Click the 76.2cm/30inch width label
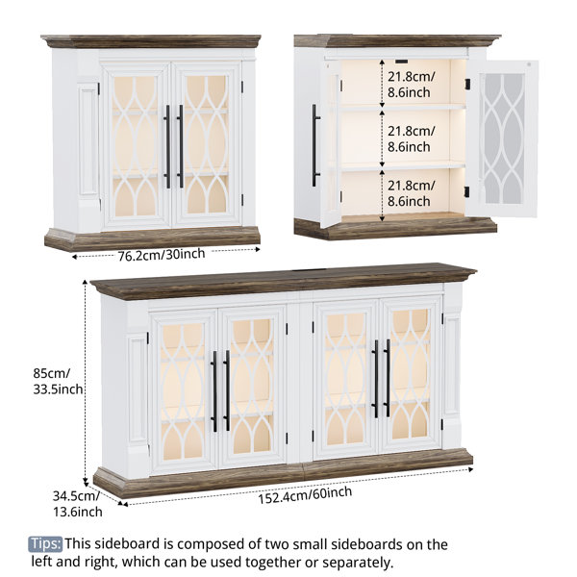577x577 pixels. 162,254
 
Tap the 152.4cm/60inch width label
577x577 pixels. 305,495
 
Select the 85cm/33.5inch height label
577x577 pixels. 58,381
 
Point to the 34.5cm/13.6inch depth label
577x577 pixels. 77,503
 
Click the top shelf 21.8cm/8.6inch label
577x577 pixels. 411,85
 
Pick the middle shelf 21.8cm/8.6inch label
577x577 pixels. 411,139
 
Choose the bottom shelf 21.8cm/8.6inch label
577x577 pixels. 411,193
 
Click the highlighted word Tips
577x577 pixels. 45,543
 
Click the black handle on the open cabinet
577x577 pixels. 315,145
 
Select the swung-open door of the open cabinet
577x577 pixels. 503,139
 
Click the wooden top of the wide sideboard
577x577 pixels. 284,280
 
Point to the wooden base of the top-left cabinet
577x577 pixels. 153,238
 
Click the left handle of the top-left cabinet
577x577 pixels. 167,147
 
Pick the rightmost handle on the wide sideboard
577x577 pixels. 388,378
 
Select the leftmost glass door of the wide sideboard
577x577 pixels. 183,391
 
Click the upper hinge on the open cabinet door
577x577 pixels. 467,85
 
